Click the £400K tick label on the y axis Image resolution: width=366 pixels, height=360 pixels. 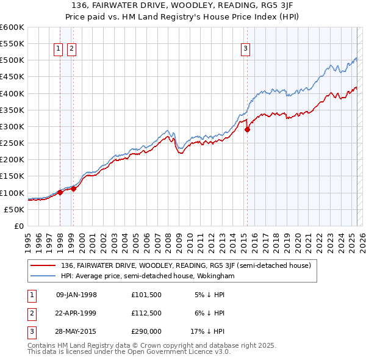[12, 93]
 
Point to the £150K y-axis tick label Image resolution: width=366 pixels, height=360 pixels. [12, 176]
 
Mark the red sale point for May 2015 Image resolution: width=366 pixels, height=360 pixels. [247, 129]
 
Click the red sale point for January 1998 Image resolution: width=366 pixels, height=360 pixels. [60, 192]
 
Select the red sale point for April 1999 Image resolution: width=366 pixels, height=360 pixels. [74, 189]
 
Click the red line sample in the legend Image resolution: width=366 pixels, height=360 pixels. [41, 265]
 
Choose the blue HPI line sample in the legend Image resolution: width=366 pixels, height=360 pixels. [41, 276]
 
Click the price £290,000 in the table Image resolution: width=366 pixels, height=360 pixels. [146, 333]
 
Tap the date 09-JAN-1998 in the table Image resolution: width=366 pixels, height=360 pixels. [76, 295]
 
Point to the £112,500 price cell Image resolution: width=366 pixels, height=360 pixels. [146, 314]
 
